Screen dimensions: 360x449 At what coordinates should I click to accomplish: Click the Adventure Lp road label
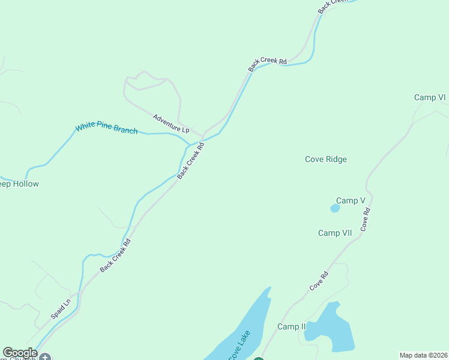pyautogui.click(x=170, y=124)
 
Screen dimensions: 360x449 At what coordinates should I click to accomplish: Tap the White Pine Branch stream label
pyautogui.click(x=106, y=129)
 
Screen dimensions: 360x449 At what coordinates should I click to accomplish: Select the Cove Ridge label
pyautogui.click(x=326, y=159)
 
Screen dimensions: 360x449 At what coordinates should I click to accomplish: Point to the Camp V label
pyautogui.click(x=351, y=200)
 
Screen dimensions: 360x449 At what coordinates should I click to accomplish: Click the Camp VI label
pyautogui.click(x=430, y=97)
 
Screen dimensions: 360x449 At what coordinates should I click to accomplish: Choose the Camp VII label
pyautogui.click(x=335, y=233)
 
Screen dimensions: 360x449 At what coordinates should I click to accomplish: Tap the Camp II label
pyautogui.click(x=292, y=326)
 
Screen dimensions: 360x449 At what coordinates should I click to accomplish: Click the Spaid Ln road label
pyautogui.click(x=61, y=308)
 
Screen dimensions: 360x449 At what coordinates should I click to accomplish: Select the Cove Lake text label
pyautogui.click(x=238, y=344)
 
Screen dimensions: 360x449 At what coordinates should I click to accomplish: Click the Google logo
pyautogui.click(x=19, y=353)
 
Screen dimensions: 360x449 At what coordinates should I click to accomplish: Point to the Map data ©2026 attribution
pyautogui.click(x=423, y=355)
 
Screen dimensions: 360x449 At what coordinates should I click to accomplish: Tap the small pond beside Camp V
pyautogui.click(x=335, y=208)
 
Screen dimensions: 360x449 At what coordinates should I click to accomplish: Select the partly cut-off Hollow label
pyautogui.click(x=18, y=184)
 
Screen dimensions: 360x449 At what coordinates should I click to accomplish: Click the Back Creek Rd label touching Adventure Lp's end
pyautogui.click(x=191, y=158)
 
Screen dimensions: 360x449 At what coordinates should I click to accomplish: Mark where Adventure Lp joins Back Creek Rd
pyautogui.click(x=202, y=136)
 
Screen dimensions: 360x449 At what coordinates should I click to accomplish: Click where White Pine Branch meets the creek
pyautogui.click(x=190, y=145)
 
